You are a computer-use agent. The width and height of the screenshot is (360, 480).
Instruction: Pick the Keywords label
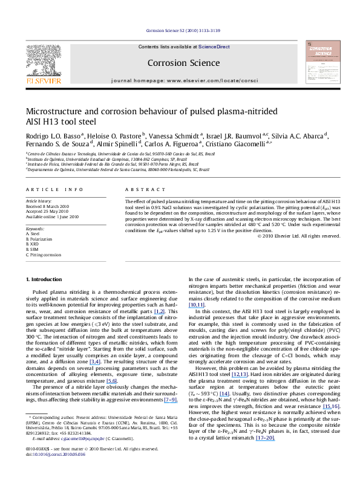pos(34,229)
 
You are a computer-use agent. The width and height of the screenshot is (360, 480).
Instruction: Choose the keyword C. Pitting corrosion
pos(43,255)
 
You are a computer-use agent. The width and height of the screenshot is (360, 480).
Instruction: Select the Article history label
pos(39,199)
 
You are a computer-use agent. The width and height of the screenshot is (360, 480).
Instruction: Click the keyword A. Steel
pos(31,234)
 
